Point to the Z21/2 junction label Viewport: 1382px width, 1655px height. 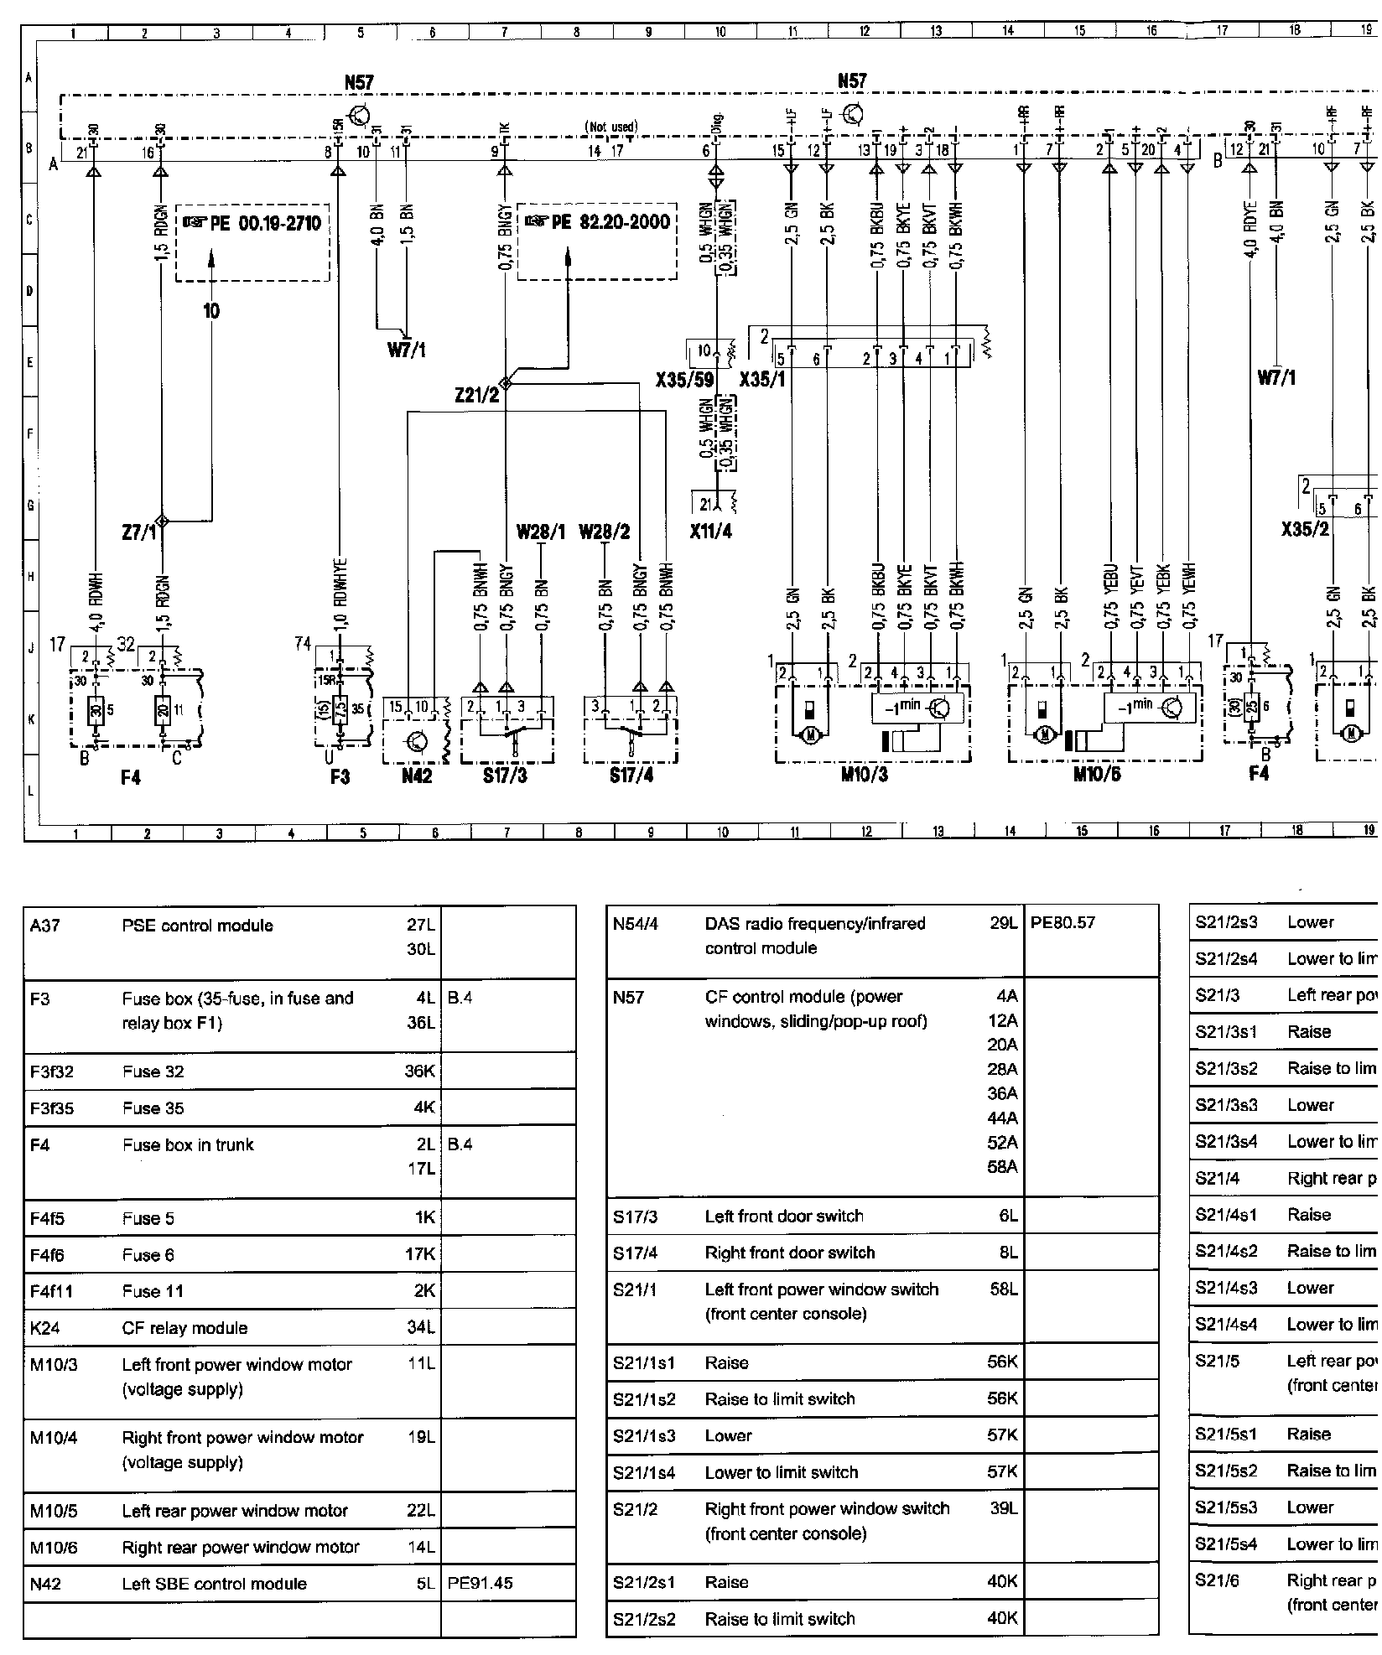tap(476, 393)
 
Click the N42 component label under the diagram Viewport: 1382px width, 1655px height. tap(416, 776)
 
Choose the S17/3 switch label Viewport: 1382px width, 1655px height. tap(505, 776)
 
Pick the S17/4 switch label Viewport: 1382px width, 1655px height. tap(631, 776)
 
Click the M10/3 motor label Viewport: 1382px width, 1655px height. tap(864, 774)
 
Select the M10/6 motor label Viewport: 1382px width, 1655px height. tap(1096, 774)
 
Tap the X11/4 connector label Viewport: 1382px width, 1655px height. tap(711, 532)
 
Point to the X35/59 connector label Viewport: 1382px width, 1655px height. tap(684, 380)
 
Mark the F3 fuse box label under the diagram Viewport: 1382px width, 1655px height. tap(340, 776)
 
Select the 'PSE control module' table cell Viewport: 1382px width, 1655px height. tap(197, 926)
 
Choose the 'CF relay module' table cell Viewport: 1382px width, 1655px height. tap(184, 1328)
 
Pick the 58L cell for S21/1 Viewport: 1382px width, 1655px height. tap(1003, 1289)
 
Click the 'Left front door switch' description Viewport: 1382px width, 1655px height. tap(783, 1216)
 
